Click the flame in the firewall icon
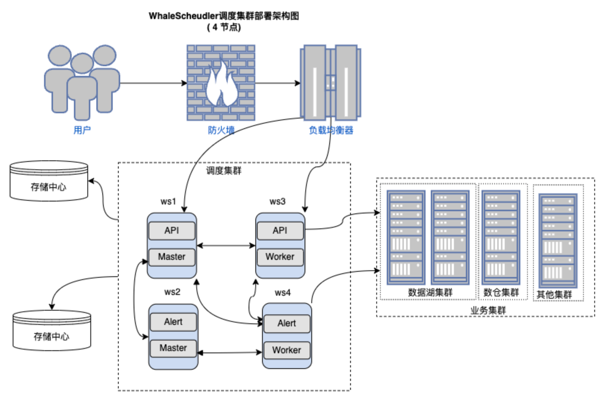(222, 85)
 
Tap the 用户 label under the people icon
(82, 130)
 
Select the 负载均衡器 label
(331, 130)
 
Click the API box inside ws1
(172, 231)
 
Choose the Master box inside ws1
(172, 257)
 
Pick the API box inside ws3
(280, 231)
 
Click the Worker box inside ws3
(280, 257)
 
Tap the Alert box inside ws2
(173, 322)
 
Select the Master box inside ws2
(173, 348)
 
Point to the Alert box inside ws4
(287, 323)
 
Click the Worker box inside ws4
(287, 350)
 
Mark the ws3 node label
(277, 201)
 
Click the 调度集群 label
(224, 171)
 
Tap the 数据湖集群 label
(430, 292)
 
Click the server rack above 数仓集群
(501, 237)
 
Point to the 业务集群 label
(488, 310)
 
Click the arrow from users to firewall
(153, 83)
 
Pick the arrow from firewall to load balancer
(278, 83)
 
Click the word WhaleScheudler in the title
(183, 16)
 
